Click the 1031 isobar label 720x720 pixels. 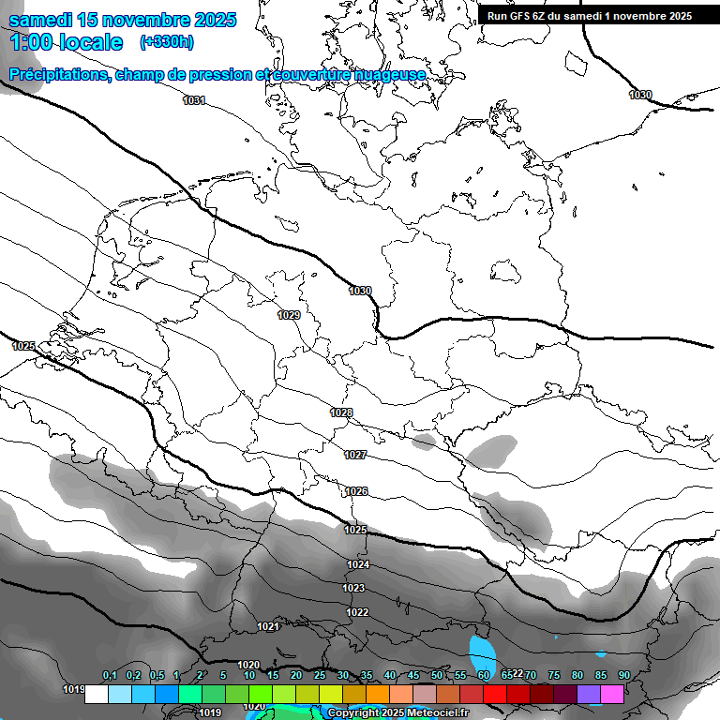pyautogui.click(x=194, y=100)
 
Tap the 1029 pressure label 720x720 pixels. pyautogui.click(x=289, y=315)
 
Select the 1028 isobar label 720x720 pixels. pyautogui.click(x=341, y=412)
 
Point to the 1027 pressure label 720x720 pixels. pyautogui.click(x=355, y=455)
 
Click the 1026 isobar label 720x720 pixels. pyautogui.click(x=356, y=491)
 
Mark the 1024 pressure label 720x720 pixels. pyautogui.click(x=358, y=564)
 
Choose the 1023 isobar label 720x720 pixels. pyautogui.click(x=353, y=588)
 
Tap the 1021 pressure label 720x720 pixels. pyautogui.click(x=268, y=626)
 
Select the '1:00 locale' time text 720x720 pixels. pyautogui.click(x=67, y=42)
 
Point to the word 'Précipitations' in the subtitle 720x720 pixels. pyautogui.click(x=59, y=74)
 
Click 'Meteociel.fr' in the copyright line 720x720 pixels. pyautogui.click(x=436, y=712)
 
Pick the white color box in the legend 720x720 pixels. pyautogui.click(x=96, y=694)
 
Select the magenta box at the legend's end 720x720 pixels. pyautogui.click(x=612, y=694)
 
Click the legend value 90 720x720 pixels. pyautogui.click(x=623, y=675)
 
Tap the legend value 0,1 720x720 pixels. pyautogui.click(x=110, y=675)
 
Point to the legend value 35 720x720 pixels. pyautogui.click(x=366, y=675)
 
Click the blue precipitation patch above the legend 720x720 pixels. pyautogui.click(x=483, y=650)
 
